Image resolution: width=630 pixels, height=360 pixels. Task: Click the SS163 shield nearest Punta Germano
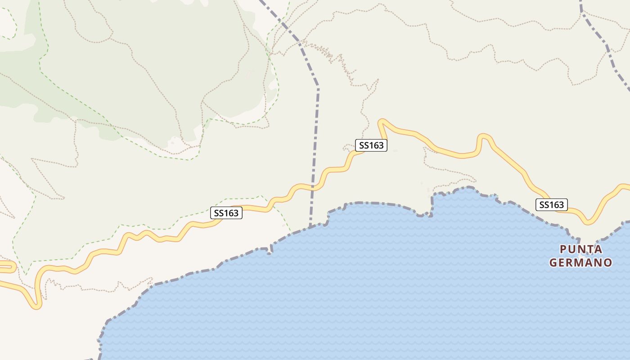[551, 205]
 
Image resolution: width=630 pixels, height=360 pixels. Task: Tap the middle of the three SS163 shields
[371, 145]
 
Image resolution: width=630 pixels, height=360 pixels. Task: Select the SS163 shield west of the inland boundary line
[226, 213]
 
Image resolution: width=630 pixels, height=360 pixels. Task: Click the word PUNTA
[581, 249]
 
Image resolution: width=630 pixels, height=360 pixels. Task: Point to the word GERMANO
[580, 262]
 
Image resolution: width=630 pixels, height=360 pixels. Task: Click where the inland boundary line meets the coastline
[310, 226]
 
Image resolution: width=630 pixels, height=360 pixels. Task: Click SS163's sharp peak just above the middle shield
[382, 121]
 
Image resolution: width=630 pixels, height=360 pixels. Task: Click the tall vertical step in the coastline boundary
[432, 205]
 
